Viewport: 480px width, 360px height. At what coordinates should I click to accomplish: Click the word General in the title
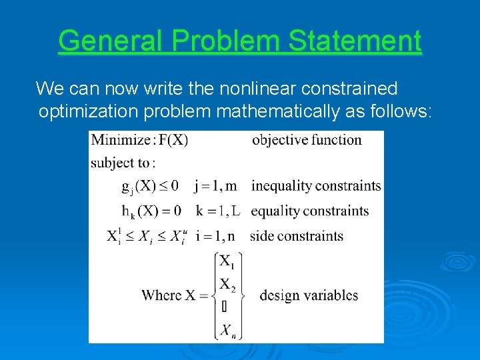point(110,41)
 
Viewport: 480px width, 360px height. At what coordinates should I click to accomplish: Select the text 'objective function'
point(307,140)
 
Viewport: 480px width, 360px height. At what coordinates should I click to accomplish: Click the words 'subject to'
point(123,163)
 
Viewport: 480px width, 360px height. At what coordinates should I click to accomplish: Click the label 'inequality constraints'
point(316,186)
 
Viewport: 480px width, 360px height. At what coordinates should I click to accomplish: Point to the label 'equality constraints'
point(309,211)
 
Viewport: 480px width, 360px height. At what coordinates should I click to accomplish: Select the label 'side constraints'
point(297,236)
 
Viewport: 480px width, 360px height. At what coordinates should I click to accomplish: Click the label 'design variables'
point(309,295)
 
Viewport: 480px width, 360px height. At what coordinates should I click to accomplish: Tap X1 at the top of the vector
point(227,262)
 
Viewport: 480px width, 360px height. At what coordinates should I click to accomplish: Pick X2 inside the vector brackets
point(227,285)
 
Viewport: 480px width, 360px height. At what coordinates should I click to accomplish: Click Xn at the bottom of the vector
point(227,329)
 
